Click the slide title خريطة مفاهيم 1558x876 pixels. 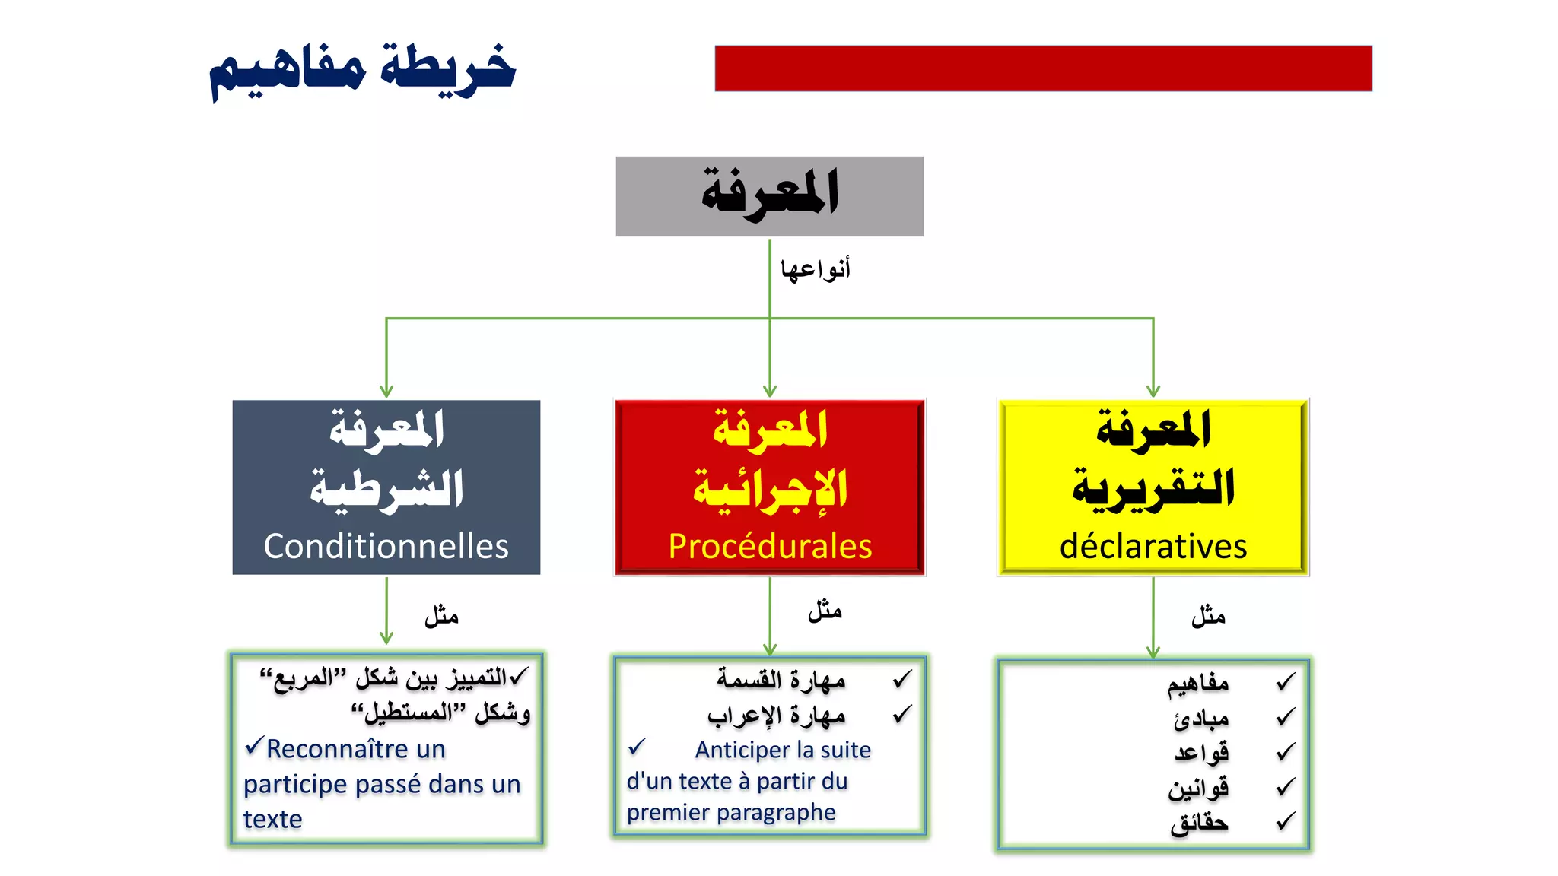363,70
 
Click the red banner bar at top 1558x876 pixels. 1043,68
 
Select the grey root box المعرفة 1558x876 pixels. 769,196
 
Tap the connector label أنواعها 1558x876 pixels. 815,269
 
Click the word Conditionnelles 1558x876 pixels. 386,546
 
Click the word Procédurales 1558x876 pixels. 770,546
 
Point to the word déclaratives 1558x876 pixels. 1153,546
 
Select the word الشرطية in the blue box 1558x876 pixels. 386,489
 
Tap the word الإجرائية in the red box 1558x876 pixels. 770,489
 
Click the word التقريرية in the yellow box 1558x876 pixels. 1153,489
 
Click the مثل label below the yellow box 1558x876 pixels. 1208,615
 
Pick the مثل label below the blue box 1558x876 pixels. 441,615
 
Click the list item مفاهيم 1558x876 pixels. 1198,684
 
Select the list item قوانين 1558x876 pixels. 1198,788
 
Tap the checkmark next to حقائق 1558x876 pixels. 1285,821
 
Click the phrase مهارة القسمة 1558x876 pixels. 781,679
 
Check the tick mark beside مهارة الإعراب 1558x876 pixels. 901,714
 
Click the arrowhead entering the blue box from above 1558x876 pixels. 386,391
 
